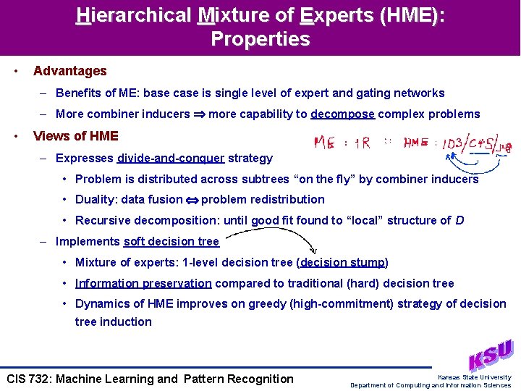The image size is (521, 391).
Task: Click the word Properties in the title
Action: [x=260, y=39]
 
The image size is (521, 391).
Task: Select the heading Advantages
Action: [x=69, y=71]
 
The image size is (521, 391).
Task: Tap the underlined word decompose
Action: [x=342, y=114]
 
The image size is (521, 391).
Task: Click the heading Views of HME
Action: [x=75, y=135]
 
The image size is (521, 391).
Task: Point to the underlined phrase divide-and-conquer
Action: [x=170, y=158]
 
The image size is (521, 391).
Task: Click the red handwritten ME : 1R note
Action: [x=342, y=143]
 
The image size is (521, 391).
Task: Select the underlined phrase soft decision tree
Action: [x=171, y=242]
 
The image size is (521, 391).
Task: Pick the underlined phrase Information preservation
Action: [x=143, y=283]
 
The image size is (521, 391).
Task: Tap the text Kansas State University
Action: [x=474, y=377]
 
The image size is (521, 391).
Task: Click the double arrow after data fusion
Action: [x=192, y=200]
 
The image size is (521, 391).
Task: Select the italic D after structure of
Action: [x=460, y=220]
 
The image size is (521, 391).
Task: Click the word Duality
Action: [x=96, y=199]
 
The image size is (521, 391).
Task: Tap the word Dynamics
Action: [x=102, y=303]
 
